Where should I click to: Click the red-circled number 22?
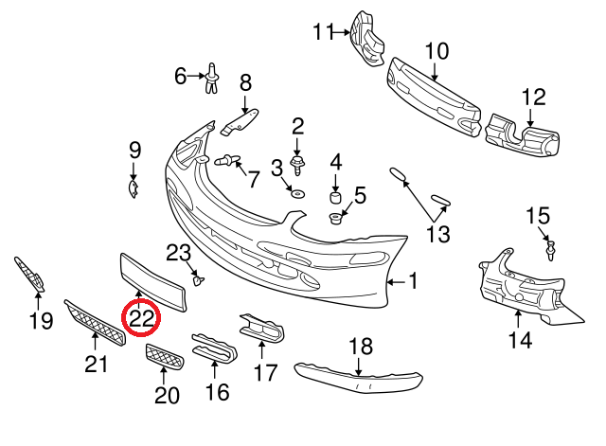[142, 318]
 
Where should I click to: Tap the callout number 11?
[324, 33]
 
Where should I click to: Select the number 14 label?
[519, 339]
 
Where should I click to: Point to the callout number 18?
[361, 347]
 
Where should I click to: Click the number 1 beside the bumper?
[413, 281]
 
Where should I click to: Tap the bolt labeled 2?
[297, 167]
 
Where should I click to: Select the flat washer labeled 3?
[296, 193]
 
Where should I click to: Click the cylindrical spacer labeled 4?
[334, 199]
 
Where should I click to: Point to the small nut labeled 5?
[335, 221]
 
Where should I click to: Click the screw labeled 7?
[228, 161]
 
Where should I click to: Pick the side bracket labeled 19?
[31, 274]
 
